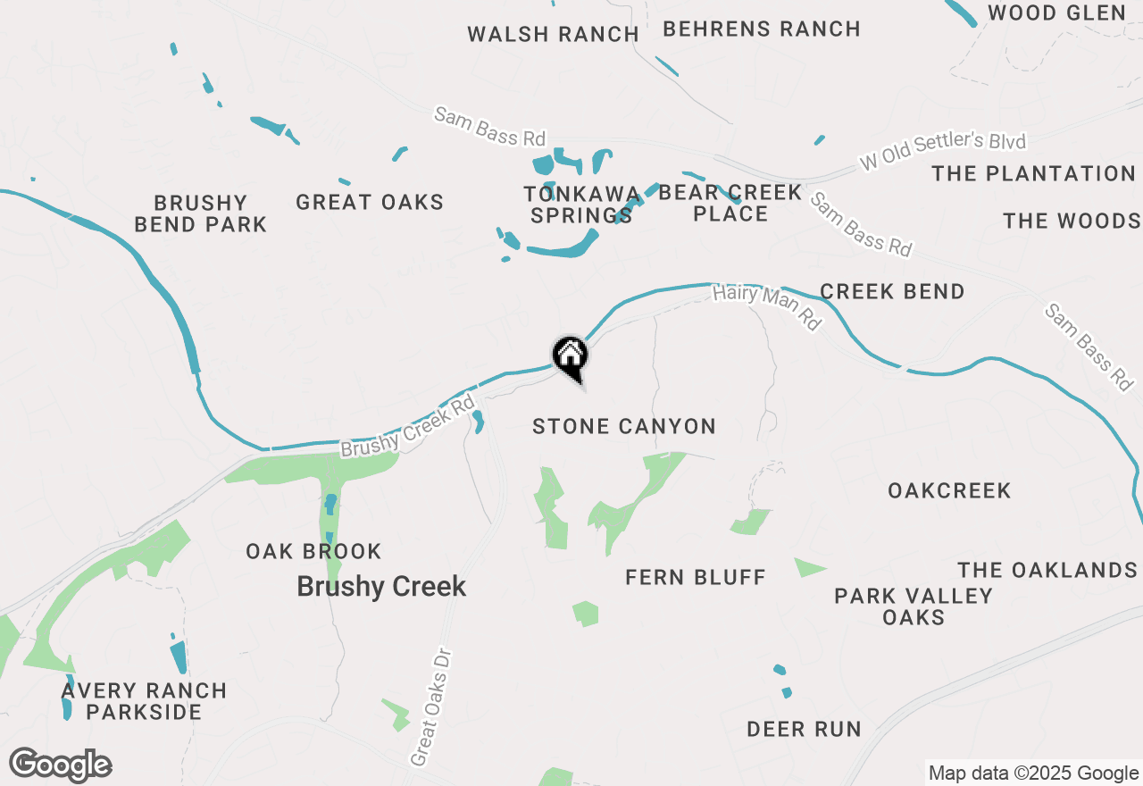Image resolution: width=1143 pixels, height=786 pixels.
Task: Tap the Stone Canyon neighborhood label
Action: click(x=624, y=426)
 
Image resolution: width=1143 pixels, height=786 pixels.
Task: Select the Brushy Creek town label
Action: click(x=381, y=587)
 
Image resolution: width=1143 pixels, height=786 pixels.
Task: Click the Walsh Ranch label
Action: click(x=553, y=34)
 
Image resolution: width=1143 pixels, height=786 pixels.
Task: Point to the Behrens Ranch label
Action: click(x=762, y=29)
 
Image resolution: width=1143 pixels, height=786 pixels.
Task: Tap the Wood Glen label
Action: click(x=1056, y=13)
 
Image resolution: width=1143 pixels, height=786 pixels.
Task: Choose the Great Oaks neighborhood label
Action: click(x=370, y=202)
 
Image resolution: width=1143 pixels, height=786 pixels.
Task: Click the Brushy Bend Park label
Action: click(x=200, y=213)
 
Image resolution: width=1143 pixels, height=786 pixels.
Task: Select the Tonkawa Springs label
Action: click(x=582, y=205)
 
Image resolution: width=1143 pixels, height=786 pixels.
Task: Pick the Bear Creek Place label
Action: click(x=730, y=203)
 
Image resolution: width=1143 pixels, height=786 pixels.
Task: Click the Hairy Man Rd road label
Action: click(x=766, y=307)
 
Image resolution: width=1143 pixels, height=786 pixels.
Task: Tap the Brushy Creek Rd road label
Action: click(x=407, y=427)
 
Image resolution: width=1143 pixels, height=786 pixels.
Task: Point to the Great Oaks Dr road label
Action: click(x=433, y=707)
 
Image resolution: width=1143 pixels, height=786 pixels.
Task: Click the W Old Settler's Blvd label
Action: click(x=942, y=152)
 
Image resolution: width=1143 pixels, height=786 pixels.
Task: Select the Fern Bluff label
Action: click(x=696, y=577)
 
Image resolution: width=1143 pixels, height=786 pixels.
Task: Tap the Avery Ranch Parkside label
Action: click(x=145, y=701)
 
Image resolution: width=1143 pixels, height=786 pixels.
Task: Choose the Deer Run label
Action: click(x=804, y=729)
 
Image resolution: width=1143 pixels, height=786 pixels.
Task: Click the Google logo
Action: click(x=61, y=765)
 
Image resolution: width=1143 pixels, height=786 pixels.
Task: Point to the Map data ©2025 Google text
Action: click(x=1033, y=773)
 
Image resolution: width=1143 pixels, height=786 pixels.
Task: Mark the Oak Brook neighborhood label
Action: click(x=313, y=551)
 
